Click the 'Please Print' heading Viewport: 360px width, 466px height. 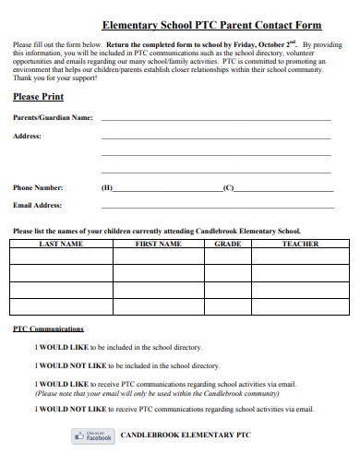pyautogui.click(x=37, y=95)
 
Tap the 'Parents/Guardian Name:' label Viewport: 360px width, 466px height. pyautogui.click(x=53, y=117)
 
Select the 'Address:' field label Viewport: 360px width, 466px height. pyautogui.click(x=27, y=136)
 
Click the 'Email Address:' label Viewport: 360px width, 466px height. pyautogui.click(x=37, y=205)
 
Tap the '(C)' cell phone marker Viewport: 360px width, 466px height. pyautogui.click(x=229, y=187)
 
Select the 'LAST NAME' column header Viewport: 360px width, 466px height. pyautogui.click(x=61, y=244)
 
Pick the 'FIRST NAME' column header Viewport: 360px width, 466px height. pyautogui.click(x=158, y=244)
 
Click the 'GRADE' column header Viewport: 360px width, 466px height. pyautogui.click(x=227, y=244)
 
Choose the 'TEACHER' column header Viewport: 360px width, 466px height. pyautogui.click(x=300, y=244)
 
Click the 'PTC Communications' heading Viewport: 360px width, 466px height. pyautogui.click(x=49, y=328)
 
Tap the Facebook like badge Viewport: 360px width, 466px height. pyautogui.click(x=92, y=436)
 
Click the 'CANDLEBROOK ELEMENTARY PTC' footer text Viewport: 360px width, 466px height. pyautogui.click(x=186, y=434)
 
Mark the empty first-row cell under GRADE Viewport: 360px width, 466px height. pyautogui.click(x=227, y=257)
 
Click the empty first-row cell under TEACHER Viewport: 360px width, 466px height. pyautogui.click(x=300, y=257)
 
